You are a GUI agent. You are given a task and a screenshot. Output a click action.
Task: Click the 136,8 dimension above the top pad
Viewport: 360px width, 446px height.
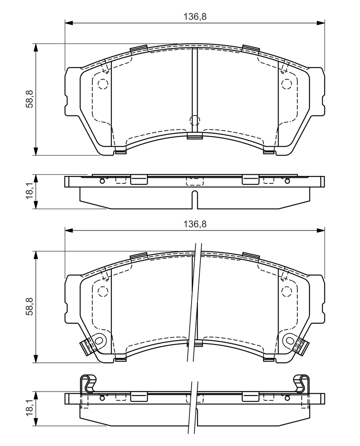(x=195, y=17)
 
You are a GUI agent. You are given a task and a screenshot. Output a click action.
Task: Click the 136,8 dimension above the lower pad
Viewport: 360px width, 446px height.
(x=195, y=224)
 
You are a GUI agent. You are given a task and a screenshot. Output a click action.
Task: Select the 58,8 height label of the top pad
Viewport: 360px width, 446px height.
(x=30, y=99)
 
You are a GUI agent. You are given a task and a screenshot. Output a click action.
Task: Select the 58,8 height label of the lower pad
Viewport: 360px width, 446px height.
(x=30, y=306)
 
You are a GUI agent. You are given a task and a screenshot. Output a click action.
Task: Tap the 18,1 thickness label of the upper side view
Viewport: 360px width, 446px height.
(x=30, y=192)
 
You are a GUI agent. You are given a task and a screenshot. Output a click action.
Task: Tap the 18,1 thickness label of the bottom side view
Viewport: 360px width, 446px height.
(x=30, y=409)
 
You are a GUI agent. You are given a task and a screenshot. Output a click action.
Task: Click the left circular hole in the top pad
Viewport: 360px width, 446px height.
(x=103, y=84)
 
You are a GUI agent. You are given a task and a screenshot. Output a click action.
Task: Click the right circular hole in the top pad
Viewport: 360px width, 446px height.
(x=286, y=84)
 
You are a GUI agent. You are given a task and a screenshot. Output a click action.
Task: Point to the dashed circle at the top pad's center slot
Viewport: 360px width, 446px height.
(x=195, y=120)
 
